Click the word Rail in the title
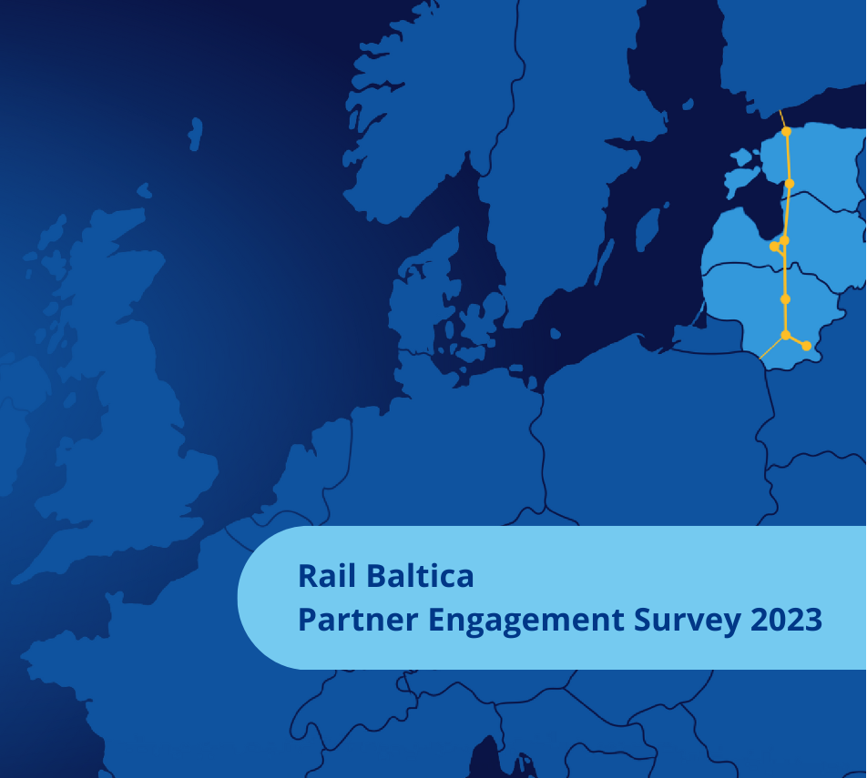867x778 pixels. pos(326,576)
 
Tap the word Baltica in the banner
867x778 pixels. pos(420,576)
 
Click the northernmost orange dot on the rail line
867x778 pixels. pos(786,132)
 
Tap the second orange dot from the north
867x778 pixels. pos(790,184)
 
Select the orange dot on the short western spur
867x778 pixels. pos(774,247)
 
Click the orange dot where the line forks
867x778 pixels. pos(786,335)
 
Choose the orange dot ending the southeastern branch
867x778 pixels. pos(807,346)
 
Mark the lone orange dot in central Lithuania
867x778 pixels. pos(785,299)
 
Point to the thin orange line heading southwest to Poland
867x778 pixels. pos(772,348)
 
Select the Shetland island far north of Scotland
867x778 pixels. pos(195,134)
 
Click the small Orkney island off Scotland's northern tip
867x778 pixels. pos(144,190)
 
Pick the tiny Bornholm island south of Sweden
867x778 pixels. pos(556,333)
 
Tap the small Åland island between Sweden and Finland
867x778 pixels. pos(688,104)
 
